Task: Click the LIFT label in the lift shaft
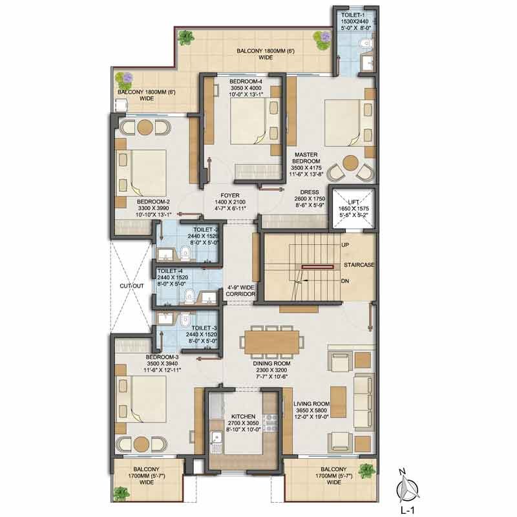coord(353,202)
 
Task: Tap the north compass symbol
coord(408,487)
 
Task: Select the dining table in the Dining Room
coord(272,342)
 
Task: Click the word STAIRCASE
coord(359,265)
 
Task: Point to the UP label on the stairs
coord(345,245)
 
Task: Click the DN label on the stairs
coord(345,281)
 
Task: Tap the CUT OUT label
coord(132,286)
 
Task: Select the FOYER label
coord(230,195)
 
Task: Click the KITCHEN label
coord(243,416)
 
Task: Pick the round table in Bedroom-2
coord(145,127)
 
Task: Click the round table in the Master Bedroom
coord(350,164)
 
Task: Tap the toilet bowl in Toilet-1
coord(366,43)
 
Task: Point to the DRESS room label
coord(310,192)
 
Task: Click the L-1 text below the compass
coord(408,511)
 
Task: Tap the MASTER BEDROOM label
coord(306,158)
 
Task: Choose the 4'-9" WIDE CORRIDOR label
coord(240,290)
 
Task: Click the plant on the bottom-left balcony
coord(121,494)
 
